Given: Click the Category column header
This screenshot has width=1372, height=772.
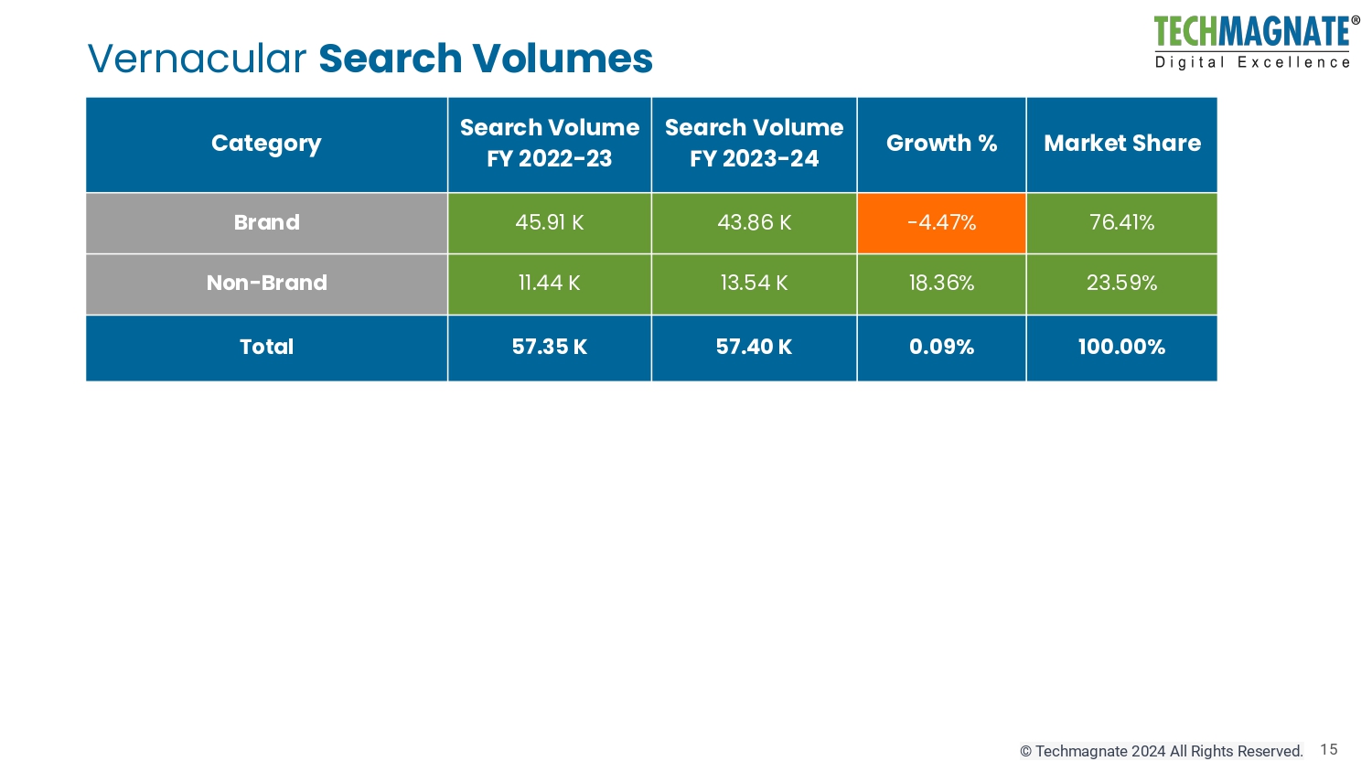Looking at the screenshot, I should coord(266,144).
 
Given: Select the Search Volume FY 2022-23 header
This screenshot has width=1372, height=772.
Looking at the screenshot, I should coord(549,144).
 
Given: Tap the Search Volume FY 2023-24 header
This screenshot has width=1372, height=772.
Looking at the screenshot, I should coord(754,144).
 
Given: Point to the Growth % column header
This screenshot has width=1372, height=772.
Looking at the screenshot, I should coord(941,144).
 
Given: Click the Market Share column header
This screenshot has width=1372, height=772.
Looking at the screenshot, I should coord(1121,144).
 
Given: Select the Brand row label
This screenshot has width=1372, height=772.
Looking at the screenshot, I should coord(266,222).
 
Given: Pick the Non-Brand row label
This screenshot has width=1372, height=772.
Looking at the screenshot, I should coord(266,284).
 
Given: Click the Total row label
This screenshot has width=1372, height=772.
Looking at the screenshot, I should coord(266,348).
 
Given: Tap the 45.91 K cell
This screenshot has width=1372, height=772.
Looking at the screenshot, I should coord(549,222).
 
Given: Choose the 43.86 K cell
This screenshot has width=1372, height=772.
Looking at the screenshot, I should coord(754,222).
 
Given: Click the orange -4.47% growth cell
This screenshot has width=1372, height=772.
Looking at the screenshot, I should coord(941,222).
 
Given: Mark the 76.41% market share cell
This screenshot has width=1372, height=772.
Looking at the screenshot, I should coord(1121,222).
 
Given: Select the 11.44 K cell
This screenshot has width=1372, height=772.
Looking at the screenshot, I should coord(549,284).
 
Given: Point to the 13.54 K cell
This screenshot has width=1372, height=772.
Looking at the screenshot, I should coord(754,284).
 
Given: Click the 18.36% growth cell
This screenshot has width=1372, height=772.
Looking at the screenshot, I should coord(941,284).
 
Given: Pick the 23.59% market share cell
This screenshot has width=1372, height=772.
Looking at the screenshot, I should coord(1121,284).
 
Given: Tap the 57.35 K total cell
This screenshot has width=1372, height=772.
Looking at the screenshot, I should coord(549,348).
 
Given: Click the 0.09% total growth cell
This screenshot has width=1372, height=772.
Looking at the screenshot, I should coord(941,348).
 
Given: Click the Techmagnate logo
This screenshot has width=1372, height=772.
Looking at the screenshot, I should coord(1252,42).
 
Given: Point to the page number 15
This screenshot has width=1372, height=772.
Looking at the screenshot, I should coord(1329,750).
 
